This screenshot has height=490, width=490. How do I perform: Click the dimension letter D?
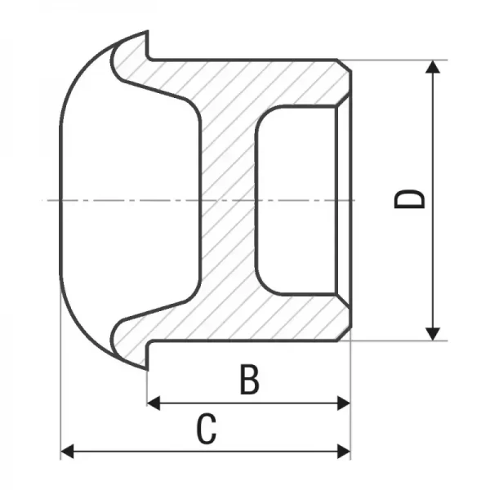coord(410,199)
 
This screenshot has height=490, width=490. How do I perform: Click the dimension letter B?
coord(249,379)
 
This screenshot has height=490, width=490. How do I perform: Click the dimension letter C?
coord(207,429)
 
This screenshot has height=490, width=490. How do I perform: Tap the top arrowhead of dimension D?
coord(433,67)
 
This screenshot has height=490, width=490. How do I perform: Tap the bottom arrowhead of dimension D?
coord(433,334)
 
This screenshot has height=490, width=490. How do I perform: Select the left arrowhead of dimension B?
coord(154,403)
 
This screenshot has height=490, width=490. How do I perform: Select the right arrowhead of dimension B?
coord(344,403)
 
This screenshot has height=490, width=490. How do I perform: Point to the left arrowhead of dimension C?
coord(67,452)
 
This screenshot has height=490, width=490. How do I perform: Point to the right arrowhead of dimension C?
coord(344,452)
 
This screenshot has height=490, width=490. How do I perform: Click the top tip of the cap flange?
coord(147,31)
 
